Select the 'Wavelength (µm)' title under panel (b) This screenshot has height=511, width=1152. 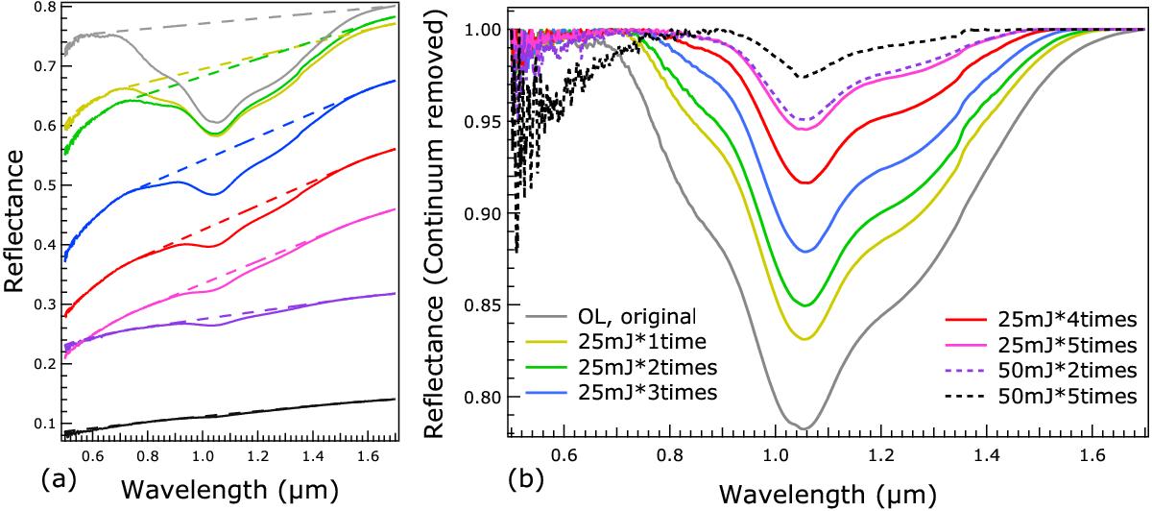828,493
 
